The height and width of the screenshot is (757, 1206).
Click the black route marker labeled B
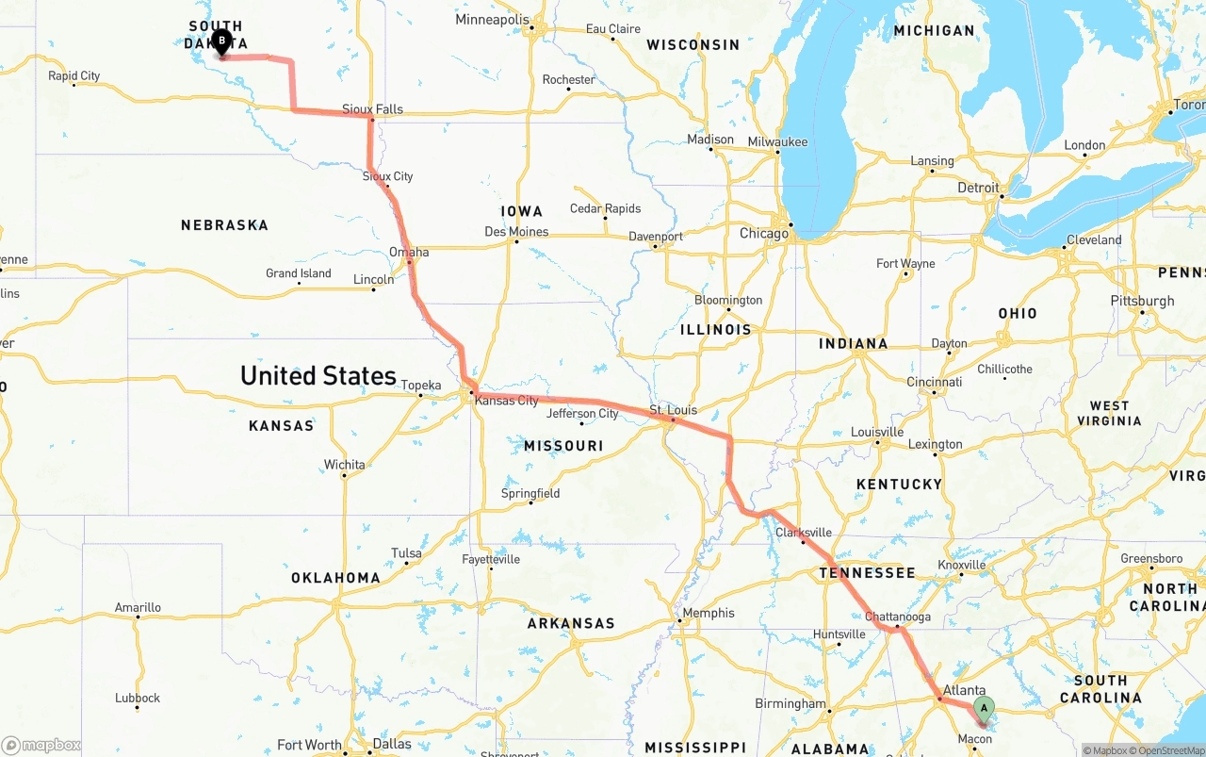pyautogui.click(x=221, y=41)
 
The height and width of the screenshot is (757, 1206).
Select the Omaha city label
pyautogui.click(x=409, y=252)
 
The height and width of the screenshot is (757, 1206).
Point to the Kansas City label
pyautogui.click(x=507, y=401)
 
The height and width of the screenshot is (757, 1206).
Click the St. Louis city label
pyautogui.click(x=673, y=410)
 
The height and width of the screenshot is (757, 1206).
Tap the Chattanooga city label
pyautogui.click(x=898, y=617)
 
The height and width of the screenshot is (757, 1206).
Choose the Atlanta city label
pyautogui.click(x=964, y=690)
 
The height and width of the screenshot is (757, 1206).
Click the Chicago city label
pyautogui.click(x=764, y=233)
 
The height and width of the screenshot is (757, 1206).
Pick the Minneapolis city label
pyautogui.click(x=493, y=20)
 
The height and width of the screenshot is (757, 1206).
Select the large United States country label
pyautogui.click(x=318, y=375)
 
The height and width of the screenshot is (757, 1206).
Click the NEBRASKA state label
pyautogui.click(x=224, y=225)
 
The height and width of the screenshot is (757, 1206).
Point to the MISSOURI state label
pyautogui.click(x=563, y=445)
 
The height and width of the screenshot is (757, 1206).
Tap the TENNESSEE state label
pyautogui.click(x=867, y=572)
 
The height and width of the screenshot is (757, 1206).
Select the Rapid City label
pyautogui.click(x=74, y=76)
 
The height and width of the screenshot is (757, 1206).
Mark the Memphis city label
pyautogui.click(x=709, y=613)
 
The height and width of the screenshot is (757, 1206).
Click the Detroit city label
pyautogui.click(x=978, y=188)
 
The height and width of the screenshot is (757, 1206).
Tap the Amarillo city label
pyautogui.click(x=138, y=607)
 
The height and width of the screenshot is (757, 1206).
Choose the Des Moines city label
pyautogui.click(x=516, y=232)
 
